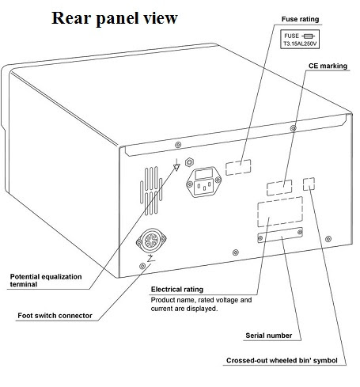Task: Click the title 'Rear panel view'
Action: (x=115, y=17)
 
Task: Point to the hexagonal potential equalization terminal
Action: (x=190, y=162)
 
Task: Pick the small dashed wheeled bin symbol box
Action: (x=309, y=184)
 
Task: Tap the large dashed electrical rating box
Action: (x=279, y=215)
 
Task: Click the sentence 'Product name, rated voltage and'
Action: (x=201, y=300)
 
